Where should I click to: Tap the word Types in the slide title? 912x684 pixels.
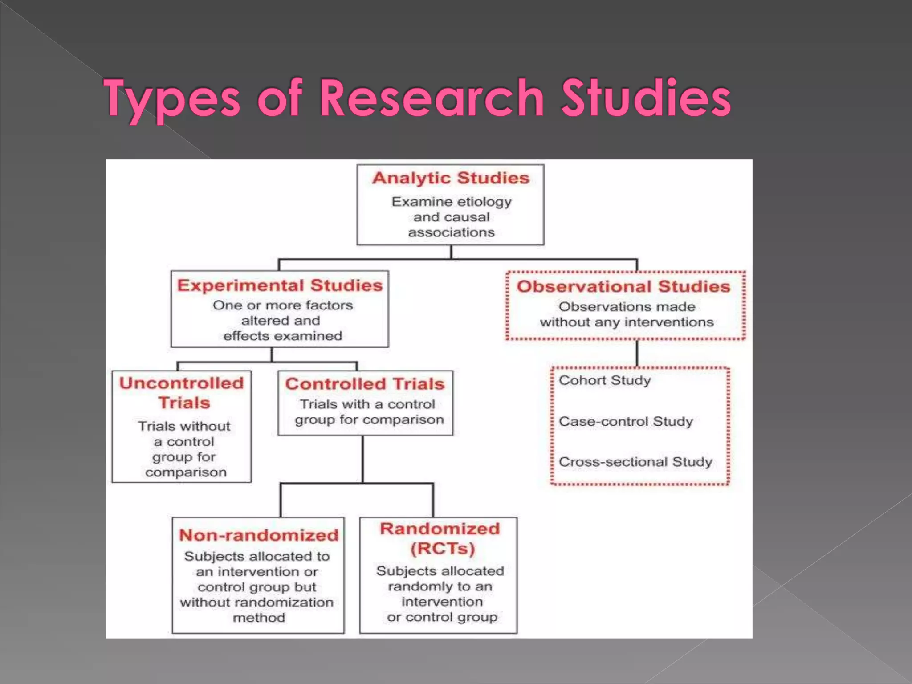coord(172,99)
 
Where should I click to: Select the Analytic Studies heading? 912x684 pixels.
coord(451,178)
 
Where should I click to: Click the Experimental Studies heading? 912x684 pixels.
coord(280,285)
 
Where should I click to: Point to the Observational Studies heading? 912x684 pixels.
coord(623,286)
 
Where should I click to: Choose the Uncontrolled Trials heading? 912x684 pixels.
coord(182,393)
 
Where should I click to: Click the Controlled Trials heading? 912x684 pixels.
coord(365,384)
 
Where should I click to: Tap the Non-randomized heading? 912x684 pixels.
coord(259,535)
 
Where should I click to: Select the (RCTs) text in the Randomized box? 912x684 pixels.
coord(442,548)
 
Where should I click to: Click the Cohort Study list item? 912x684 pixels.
coord(604,380)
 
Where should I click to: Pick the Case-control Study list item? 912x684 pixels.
coord(626,421)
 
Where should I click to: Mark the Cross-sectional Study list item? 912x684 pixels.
coord(635,462)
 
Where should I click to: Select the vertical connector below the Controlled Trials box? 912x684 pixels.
coord(362,459)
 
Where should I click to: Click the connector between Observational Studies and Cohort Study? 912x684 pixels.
coord(637,354)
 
